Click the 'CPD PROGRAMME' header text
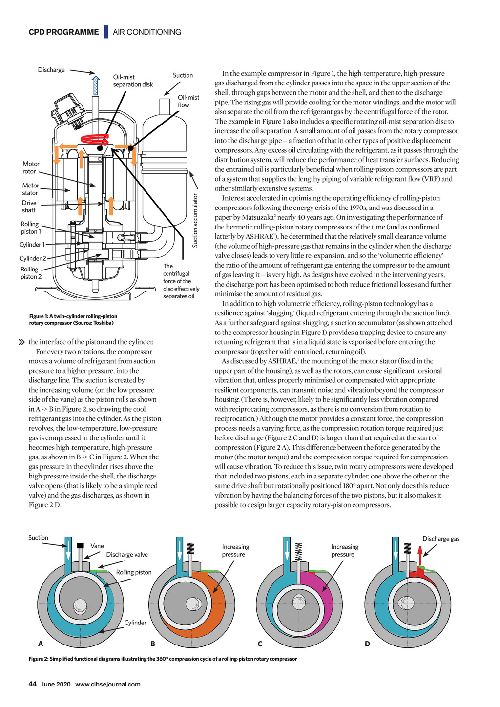[63, 32]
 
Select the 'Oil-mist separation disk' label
[133, 81]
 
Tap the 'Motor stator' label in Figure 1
[30, 189]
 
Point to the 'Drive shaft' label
[29, 207]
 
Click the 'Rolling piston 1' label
[31, 228]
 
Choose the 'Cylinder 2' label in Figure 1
[33, 258]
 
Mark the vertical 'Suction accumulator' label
[195, 220]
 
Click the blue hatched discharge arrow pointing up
[96, 85]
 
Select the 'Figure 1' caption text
[73, 319]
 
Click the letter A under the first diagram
[41, 644]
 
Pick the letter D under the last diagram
[367, 644]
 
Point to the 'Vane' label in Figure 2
[97, 546]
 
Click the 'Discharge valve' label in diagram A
[127, 554]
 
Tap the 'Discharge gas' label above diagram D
[441, 539]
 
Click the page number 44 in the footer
[33, 684]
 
